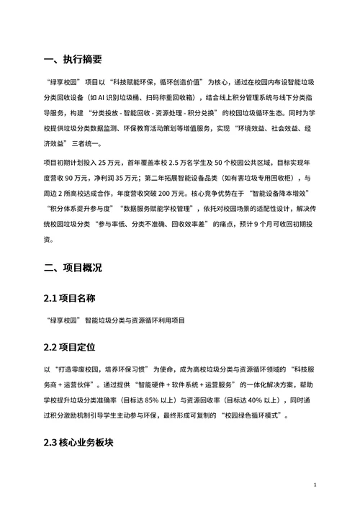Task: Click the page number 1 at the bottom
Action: [315, 486]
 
